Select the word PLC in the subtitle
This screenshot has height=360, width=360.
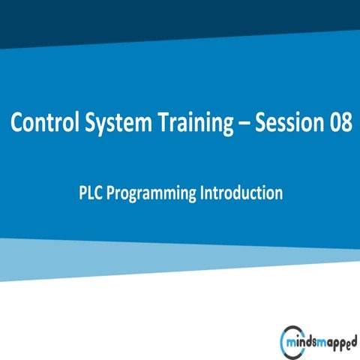(90, 193)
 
